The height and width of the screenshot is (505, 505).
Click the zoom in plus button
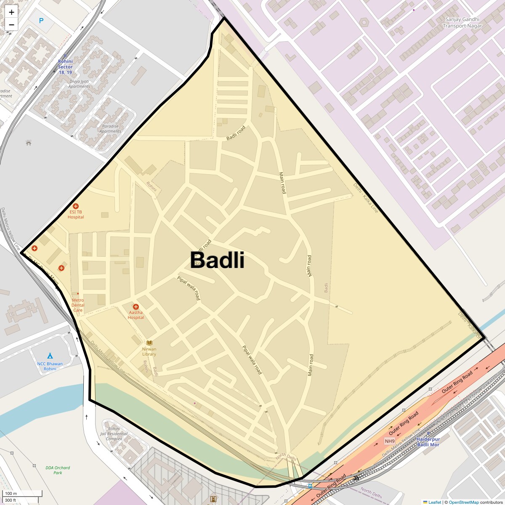pos(11,12)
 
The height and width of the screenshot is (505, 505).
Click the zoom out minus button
pos(11,25)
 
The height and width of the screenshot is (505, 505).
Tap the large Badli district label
pos(217,260)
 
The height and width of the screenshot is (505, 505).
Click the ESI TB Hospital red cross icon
pos(76,206)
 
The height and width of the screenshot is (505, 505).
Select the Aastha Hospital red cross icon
pos(136,307)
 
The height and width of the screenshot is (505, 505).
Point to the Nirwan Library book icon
pos(149,343)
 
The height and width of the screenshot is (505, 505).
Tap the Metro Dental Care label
pos(78,306)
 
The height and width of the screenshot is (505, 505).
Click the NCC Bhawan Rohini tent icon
pos(50,356)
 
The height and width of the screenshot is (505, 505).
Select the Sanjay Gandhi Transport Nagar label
pos(462,23)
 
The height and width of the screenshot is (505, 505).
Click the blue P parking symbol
pos(41,21)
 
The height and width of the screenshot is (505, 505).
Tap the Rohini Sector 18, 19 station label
pos(65,67)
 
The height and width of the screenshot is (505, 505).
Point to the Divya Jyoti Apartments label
pos(80,84)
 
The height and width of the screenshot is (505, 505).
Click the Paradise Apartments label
pos(110,129)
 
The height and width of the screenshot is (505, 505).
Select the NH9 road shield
pos(390,441)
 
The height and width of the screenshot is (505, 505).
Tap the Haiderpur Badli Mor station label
pos(428,442)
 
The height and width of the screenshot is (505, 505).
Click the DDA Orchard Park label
pos(58,470)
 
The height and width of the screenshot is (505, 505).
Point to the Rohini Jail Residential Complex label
pos(114,433)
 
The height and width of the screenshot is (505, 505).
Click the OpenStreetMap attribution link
pos(463,502)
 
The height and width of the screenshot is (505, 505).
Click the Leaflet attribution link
pos(435,502)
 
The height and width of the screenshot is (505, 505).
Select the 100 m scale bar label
pos(11,493)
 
